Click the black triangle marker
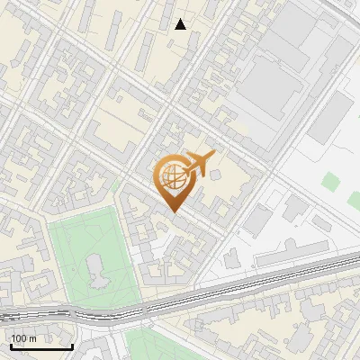point(181,24)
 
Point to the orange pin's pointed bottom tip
point(172,211)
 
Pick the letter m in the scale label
point(32,338)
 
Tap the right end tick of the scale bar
point(71,344)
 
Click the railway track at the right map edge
point(355,258)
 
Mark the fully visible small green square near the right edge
point(330,177)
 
